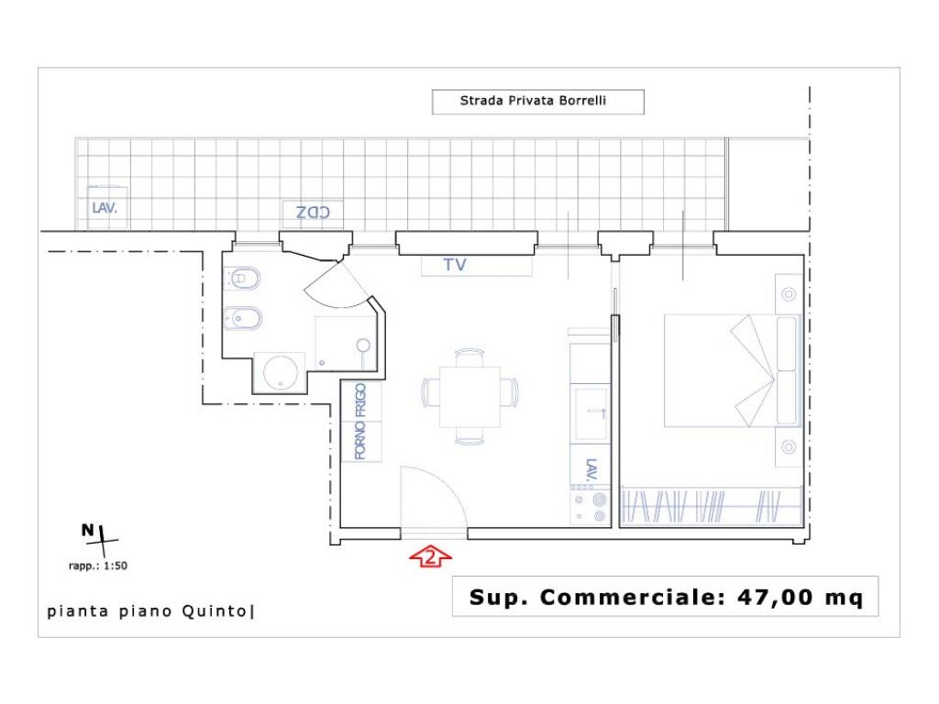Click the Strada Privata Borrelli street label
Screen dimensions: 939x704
coord(533,101)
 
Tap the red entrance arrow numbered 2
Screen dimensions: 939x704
coord(430,556)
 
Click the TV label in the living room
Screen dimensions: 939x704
coord(455,265)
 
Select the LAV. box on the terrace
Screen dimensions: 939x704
coord(107,208)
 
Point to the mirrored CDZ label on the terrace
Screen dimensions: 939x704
coord(313,212)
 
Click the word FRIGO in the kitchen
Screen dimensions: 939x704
coord(359,401)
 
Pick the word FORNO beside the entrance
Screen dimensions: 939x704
coord(359,441)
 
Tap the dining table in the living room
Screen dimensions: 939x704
coord(470,396)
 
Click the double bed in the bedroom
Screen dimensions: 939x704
coord(733,370)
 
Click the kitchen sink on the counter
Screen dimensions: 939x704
coord(591,413)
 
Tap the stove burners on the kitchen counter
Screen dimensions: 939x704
coord(590,507)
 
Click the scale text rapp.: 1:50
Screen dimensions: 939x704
coord(98,566)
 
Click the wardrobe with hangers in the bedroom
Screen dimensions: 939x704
coord(711,506)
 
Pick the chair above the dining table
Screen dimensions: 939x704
coord(470,357)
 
